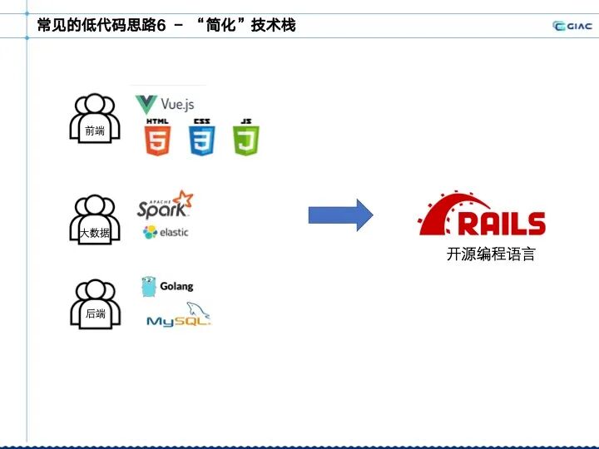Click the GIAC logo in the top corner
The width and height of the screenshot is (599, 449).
pyautogui.click(x=572, y=26)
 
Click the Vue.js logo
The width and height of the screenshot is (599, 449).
pyautogui.click(x=165, y=105)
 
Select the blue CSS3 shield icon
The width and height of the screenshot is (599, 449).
pyautogui.click(x=201, y=137)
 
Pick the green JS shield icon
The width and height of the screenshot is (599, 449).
pyautogui.click(x=245, y=137)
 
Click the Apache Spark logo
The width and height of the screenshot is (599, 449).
pyautogui.click(x=165, y=205)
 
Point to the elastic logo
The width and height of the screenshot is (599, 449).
pyautogui.click(x=166, y=232)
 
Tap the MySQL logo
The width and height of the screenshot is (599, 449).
pyautogui.click(x=178, y=316)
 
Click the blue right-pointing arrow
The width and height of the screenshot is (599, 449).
pyautogui.click(x=340, y=215)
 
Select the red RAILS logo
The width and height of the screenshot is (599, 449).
pyautogui.click(x=482, y=215)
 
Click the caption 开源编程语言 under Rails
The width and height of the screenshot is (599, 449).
pyautogui.click(x=491, y=254)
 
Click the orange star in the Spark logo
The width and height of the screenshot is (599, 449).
pyautogui.click(x=183, y=200)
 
